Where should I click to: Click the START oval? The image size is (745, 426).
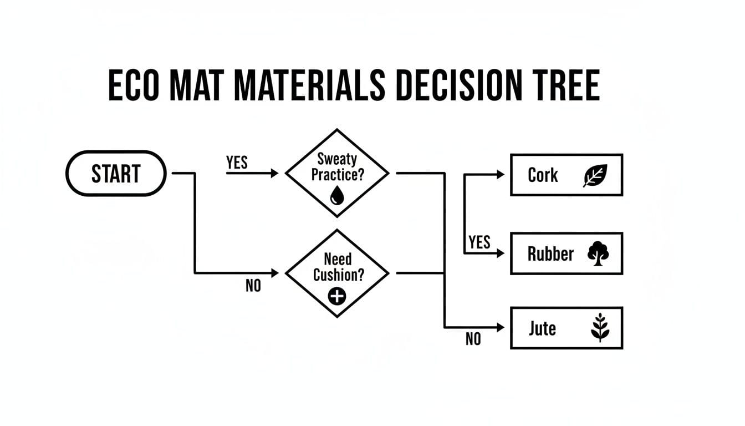point(116,174)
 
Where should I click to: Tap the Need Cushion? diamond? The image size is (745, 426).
point(336,273)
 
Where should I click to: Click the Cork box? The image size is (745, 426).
point(566,175)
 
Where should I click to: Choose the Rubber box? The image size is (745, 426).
point(566,253)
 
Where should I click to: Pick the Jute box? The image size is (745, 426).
point(566,328)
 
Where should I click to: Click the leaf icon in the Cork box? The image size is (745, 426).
point(596,175)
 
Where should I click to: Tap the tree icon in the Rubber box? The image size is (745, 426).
point(598,254)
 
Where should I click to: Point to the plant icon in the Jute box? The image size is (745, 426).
point(600,328)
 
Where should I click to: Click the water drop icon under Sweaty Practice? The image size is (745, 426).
point(336,195)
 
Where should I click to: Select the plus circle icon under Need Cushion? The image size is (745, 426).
point(336,296)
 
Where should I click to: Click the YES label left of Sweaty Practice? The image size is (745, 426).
point(237,163)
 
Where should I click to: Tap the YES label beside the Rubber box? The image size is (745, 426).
point(479,242)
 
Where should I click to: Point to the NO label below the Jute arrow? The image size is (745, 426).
point(473,339)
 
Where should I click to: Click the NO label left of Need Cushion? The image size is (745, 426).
point(253,286)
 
